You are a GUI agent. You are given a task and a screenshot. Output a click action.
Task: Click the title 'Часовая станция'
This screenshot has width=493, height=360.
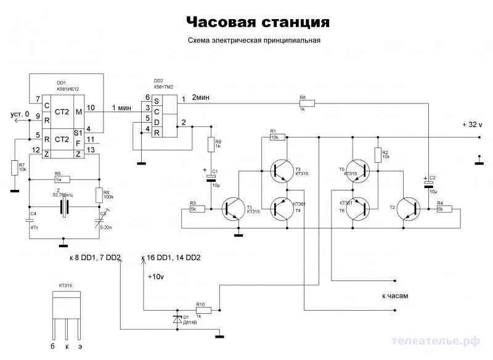click(258, 22)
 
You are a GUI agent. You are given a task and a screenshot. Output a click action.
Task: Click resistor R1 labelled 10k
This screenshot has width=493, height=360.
click(275, 137)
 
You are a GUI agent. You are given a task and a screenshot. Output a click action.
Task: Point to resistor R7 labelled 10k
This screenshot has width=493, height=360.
click(14, 168)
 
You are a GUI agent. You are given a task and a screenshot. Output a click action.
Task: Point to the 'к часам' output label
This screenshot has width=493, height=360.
click(395, 296)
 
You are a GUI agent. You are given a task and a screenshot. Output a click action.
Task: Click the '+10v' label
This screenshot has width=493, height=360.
click(156, 277)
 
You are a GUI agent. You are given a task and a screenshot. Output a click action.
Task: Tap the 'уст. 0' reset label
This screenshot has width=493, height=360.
click(20, 114)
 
